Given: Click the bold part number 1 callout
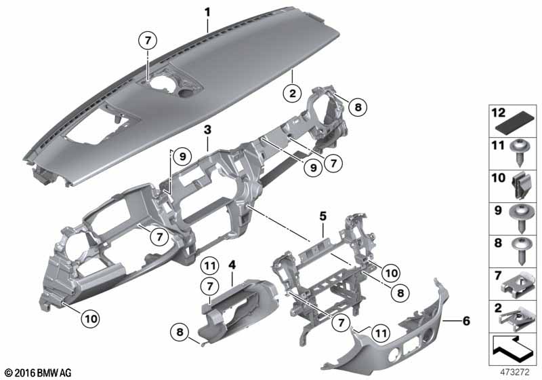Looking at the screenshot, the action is (207, 13).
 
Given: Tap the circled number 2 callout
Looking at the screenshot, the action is (293, 93).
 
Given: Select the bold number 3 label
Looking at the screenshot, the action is (207, 130).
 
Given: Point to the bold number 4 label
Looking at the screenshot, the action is (232, 265).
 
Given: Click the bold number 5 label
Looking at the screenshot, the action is (322, 216).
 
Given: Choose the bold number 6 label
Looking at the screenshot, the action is (466, 321).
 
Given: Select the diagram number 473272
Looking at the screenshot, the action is (515, 373).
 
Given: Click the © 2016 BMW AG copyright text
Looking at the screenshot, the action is (39, 373).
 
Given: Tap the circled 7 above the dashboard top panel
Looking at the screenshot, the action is (148, 41).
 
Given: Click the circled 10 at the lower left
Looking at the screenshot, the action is (91, 318).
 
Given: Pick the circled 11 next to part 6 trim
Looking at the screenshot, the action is (381, 333).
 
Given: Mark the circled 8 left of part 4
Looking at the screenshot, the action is (180, 332).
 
